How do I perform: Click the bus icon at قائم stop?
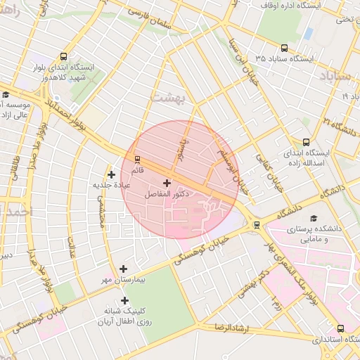(137, 159)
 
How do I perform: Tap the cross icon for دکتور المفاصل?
(167, 183)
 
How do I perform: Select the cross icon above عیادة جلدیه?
(111, 174)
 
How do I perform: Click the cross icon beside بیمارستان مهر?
(124, 269)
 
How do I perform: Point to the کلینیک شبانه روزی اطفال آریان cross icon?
(124, 300)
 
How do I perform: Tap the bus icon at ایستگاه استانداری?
(341, 328)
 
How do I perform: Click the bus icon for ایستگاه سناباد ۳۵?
(284, 48)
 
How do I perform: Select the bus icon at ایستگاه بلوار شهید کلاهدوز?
(64, 57)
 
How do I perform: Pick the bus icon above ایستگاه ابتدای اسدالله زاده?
(305, 141)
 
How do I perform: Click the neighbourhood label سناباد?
(333, 75)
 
